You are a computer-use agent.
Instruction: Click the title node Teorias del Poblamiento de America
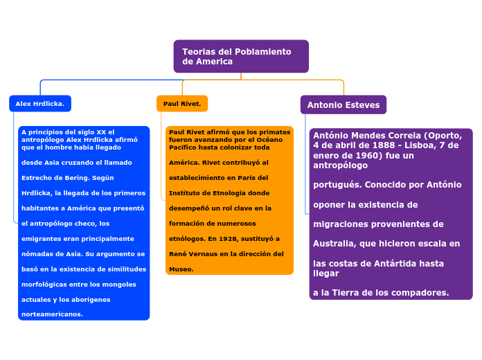tap(240, 56)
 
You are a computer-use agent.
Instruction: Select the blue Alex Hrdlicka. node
tap(39, 104)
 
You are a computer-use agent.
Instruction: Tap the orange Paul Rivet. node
tap(181, 104)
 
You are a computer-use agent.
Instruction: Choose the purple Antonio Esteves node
tap(343, 105)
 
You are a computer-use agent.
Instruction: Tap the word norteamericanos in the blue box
tap(52, 314)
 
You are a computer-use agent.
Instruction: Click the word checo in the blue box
tap(82, 223)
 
